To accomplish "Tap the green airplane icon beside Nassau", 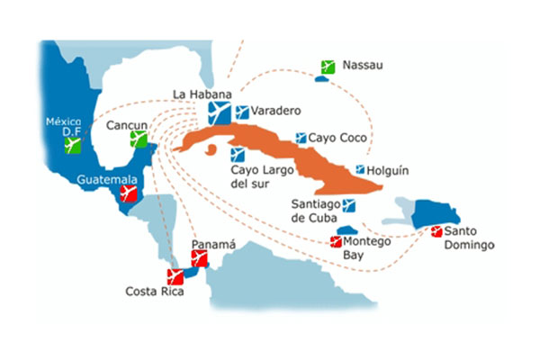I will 328,67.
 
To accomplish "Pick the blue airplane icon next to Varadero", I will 241,112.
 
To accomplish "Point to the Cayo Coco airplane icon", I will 301,139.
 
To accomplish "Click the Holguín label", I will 390,168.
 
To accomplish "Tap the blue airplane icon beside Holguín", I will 360,169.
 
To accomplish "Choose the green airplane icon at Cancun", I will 138,139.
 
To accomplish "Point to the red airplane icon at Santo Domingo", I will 437,232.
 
